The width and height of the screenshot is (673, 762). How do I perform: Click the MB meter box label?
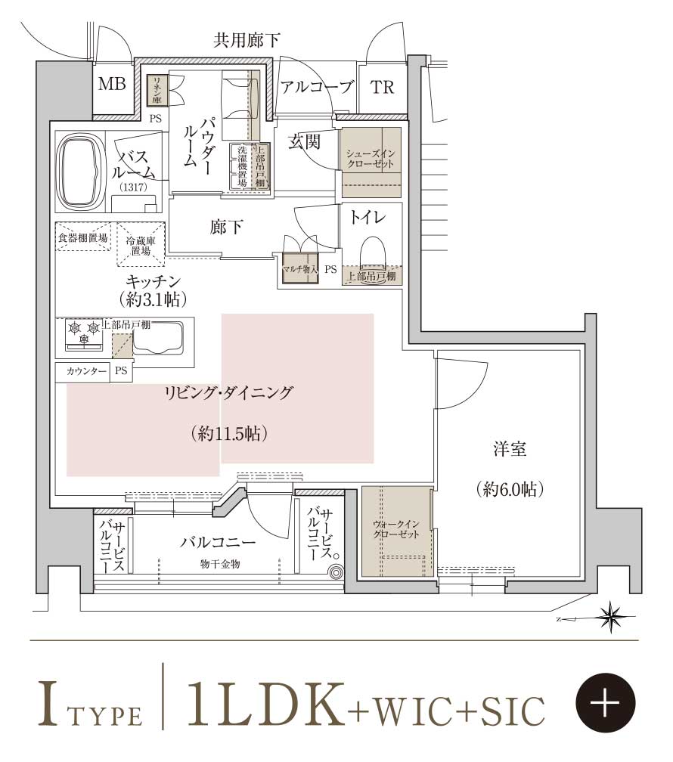(x=112, y=85)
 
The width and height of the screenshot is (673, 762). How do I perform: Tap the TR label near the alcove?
(x=382, y=88)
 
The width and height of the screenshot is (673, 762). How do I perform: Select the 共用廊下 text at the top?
(x=247, y=40)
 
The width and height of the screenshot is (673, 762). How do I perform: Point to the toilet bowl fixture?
(x=373, y=252)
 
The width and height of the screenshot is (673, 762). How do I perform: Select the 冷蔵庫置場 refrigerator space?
(x=141, y=244)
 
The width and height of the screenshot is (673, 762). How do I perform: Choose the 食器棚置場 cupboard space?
(x=82, y=237)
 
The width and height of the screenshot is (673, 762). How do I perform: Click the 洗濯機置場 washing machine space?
(x=242, y=166)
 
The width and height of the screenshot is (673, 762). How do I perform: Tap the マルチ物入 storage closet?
(x=300, y=268)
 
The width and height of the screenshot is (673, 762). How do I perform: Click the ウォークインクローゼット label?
(x=396, y=529)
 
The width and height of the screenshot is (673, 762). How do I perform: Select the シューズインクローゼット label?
(x=371, y=159)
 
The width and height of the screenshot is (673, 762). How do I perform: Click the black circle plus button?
(x=606, y=702)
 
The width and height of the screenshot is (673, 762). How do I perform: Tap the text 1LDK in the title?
(x=265, y=702)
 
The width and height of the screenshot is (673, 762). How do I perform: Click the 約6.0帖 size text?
(x=510, y=488)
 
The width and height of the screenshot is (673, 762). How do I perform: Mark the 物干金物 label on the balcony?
(x=220, y=564)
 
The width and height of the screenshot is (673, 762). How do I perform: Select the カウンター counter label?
(x=86, y=371)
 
